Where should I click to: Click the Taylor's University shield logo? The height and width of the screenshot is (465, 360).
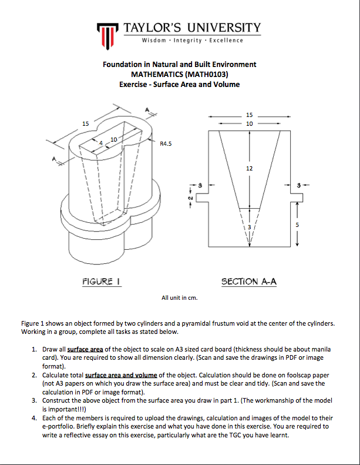(107, 35)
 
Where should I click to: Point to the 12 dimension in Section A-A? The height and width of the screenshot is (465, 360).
(249, 168)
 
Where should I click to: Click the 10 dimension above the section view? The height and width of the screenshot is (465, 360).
(249, 123)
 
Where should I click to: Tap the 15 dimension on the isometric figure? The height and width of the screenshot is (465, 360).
(86, 123)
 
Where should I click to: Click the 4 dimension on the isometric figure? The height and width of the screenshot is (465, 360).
(100, 143)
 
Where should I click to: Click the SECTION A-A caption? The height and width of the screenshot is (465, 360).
(248, 282)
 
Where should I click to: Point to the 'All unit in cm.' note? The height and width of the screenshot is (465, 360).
(180, 297)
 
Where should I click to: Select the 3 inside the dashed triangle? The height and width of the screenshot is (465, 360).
(249, 226)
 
